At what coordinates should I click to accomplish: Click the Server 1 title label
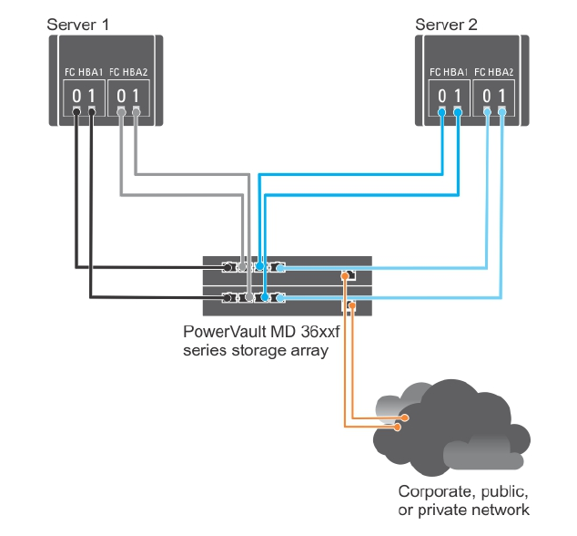[x=78, y=23]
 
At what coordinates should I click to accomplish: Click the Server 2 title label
[x=446, y=23]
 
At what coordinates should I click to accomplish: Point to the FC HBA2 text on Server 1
[x=128, y=71]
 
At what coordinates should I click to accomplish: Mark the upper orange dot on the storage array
[x=344, y=275]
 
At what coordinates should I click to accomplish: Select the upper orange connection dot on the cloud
[x=403, y=417]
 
